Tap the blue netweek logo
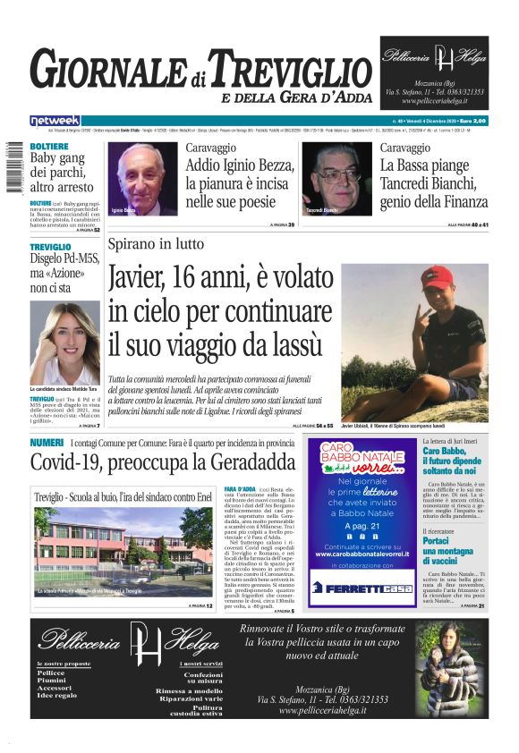click(55, 120)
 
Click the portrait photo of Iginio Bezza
click(144, 179)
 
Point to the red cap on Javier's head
click(437, 275)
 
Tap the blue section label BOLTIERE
click(48, 146)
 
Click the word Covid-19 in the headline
click(71, 462)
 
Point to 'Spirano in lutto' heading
click(156, 243)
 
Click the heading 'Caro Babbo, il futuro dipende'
click(453, 458)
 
